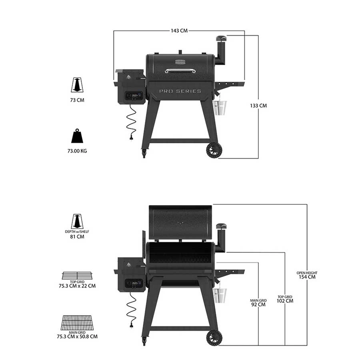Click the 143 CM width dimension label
coord(179,30)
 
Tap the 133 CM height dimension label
coord(258,106)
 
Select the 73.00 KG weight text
coord(77,151)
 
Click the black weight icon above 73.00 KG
coord(77,136)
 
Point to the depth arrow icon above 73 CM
coord(77,85)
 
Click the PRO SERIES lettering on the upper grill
coord(180,91)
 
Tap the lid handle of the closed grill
coord(180,70)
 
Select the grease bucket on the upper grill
coord(220,108)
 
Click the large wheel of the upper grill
coord(214,150)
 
